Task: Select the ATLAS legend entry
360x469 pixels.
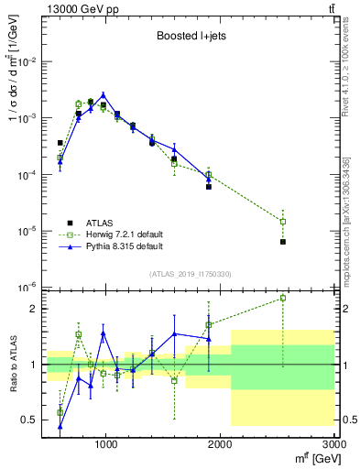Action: pos(98,223)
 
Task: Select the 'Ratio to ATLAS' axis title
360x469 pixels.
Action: pos(11,365)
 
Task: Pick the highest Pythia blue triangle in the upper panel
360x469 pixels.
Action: pos(104,94)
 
